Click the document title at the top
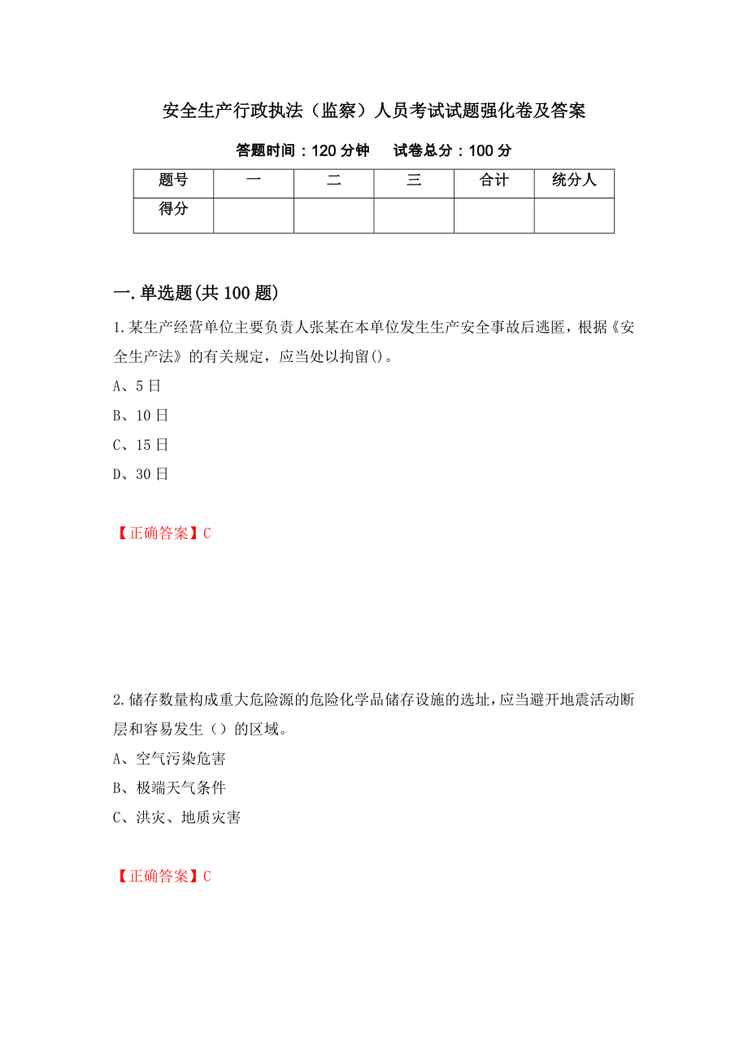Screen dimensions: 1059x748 pyautogui.click(x=374, y=111)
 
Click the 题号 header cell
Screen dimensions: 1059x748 pyautogui.click(x=173, y=181)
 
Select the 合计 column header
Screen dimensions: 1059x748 pyautogui.click(x=494, y=181)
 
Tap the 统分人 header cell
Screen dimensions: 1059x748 pyautogui.click(x=574, y=181)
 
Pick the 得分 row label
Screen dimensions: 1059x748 pyautogui.click(x=173, y=210)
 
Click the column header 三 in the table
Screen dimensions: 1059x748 pyautogui.click(x=414, y=181)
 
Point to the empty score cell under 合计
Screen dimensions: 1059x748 pyautogui.click(x=494, y=216)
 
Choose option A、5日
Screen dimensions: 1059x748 pyautogui.click(x=137, y=386)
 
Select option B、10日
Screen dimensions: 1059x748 pyautogui.click(x=140, y=416)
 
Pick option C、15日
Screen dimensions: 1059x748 pyautogui.click(x=140, y=445)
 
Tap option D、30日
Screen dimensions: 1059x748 pyautogui.click(x=140, y=474)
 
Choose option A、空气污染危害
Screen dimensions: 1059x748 pyautogui.click(x=169, y=759)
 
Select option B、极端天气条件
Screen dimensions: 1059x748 pyautogui.click(x=169, y=788)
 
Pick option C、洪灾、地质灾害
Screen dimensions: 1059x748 pyautogui.click(x=176, y=817)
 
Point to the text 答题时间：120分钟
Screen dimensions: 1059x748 pyautogui.click(x=302, y=150)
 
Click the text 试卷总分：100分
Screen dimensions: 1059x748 pyautogui.click(x=453, y=150)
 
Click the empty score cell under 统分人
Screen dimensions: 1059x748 pyautogui.click(x=574, y=216)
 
